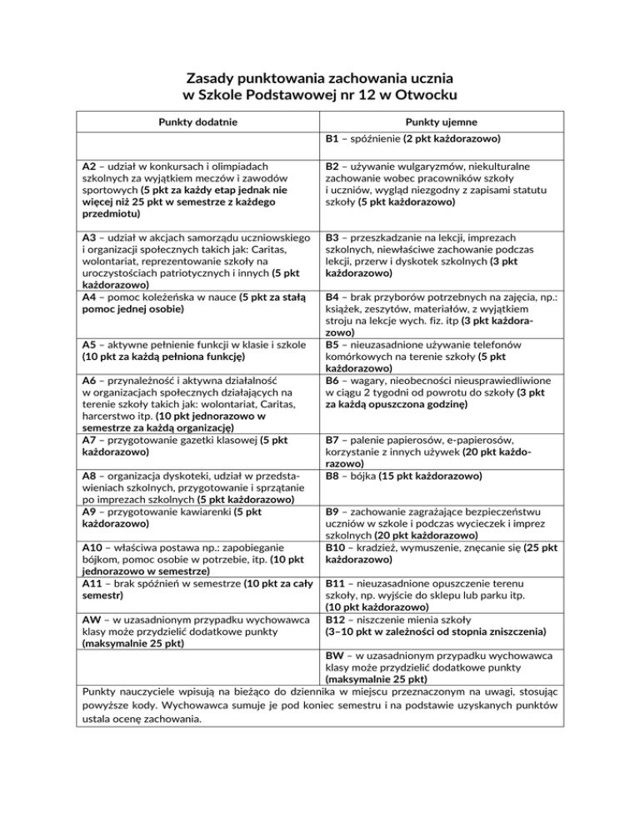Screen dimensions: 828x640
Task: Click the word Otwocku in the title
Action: pyautogui.click(x=424, y=95)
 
